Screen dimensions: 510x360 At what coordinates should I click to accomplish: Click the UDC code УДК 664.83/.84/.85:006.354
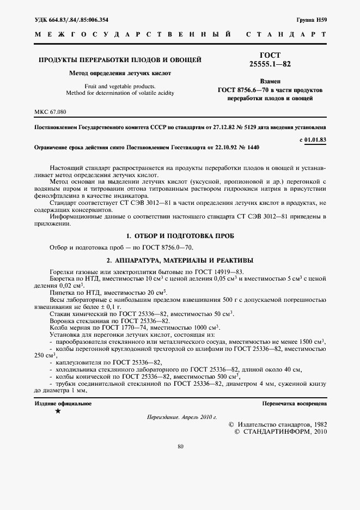tap(71, 20)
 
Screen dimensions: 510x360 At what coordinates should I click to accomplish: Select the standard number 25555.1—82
tap(270, 64)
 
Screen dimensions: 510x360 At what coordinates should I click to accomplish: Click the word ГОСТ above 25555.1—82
tap(270, 56)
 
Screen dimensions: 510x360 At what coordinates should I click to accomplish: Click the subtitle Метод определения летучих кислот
tap(120, 72)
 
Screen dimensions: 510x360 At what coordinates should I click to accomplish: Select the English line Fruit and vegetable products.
tap(120, 86)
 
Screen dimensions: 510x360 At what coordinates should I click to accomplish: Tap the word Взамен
tap(270, 80)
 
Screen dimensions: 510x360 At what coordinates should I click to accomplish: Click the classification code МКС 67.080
tap(50, 112)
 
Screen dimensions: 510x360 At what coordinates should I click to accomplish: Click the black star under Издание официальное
tap(58, 411)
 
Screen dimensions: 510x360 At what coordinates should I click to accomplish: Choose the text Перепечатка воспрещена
tap(294, 404)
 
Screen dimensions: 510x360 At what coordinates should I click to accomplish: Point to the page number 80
tap(180, 447)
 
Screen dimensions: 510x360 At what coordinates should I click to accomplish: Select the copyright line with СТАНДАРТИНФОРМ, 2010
tap(280, 431)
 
